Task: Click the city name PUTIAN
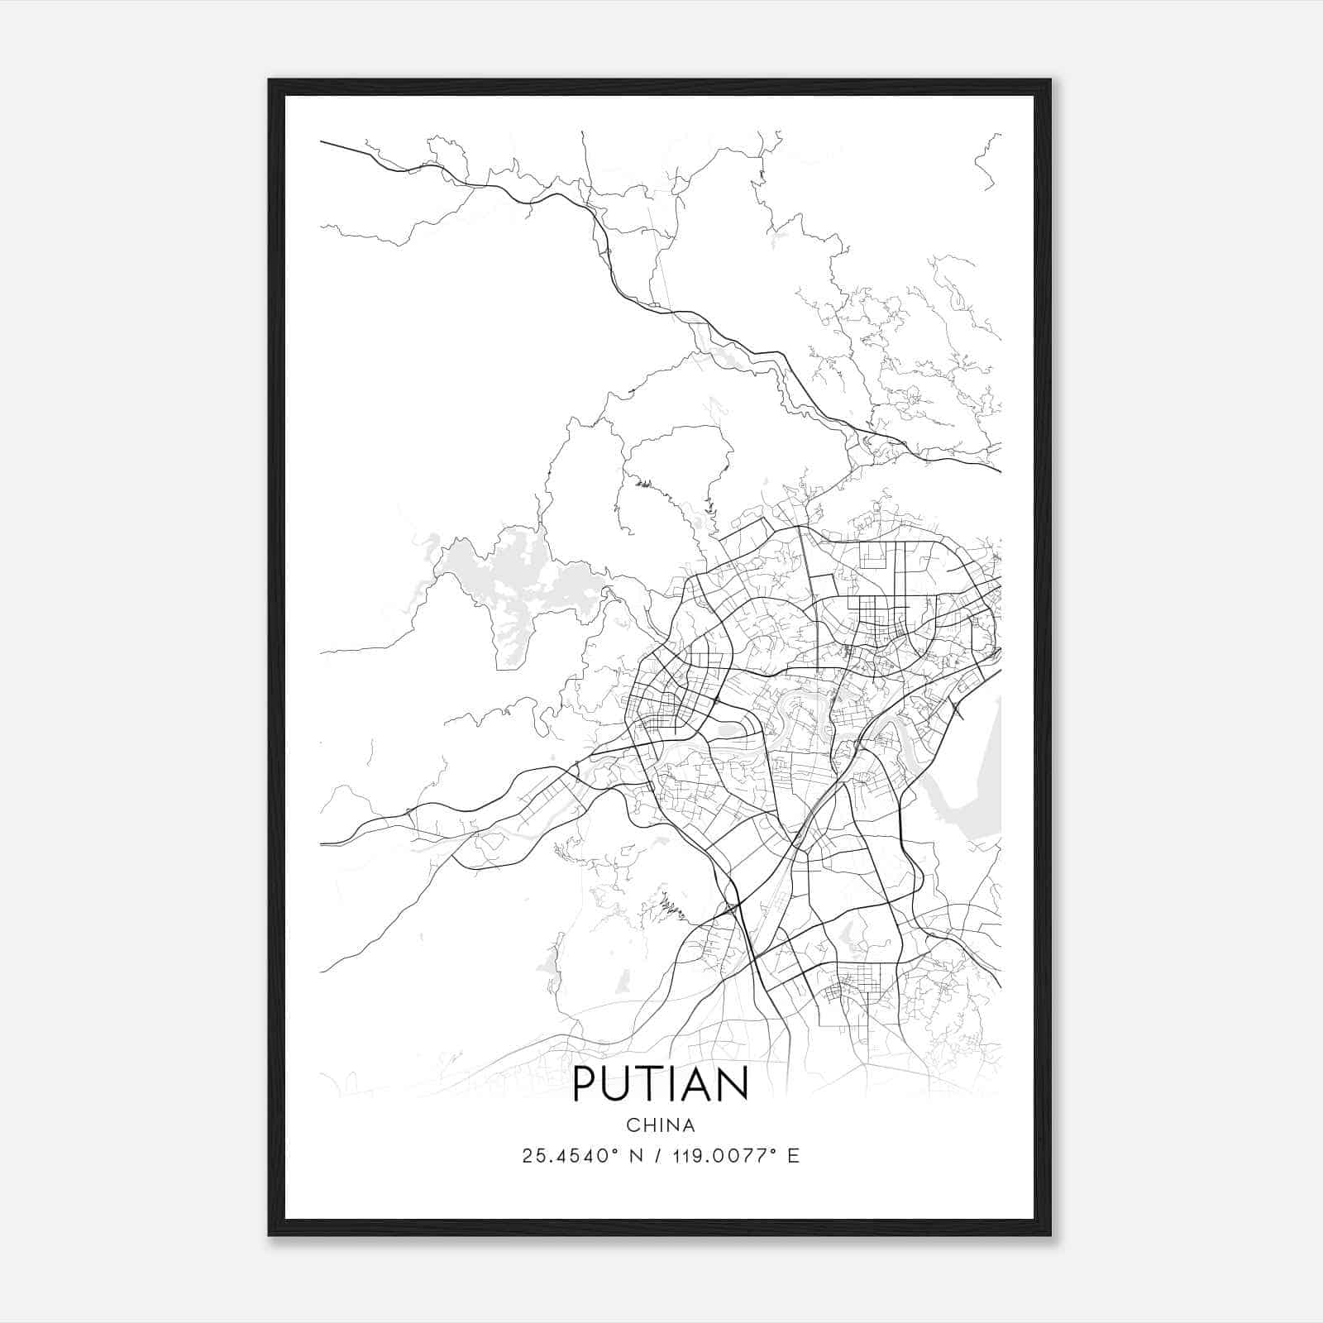click(x=660, y=1084)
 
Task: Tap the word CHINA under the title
click(x=660, y=1125)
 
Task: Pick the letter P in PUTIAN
click(x=584, y=1084)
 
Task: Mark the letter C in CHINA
click(x=632, y=1125)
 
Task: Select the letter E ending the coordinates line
click(x=794, y=1156)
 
